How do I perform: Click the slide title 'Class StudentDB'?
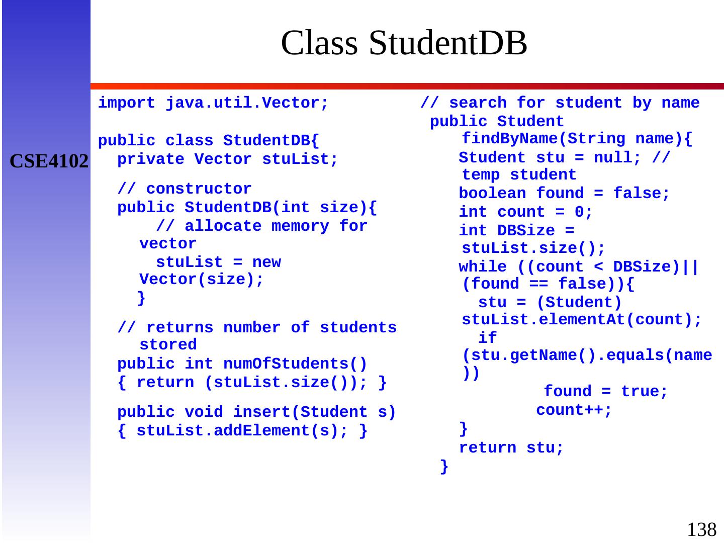point(404,43)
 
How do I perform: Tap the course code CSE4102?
point(49,161)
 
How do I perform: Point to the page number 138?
point(701,529)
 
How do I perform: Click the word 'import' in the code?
point(127,103)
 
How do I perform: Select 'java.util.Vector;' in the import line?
point(247,103)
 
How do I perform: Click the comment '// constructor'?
point(184,189)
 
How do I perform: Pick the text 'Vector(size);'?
point(202,280)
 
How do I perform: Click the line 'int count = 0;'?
point(525,212)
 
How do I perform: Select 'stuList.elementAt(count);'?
point(582,320)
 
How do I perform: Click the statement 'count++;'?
point(574,410)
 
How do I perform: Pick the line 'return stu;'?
point(511,448)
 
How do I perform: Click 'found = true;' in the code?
point(606,392)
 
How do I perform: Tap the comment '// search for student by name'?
point(560,103)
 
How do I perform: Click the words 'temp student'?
point(519,175)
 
